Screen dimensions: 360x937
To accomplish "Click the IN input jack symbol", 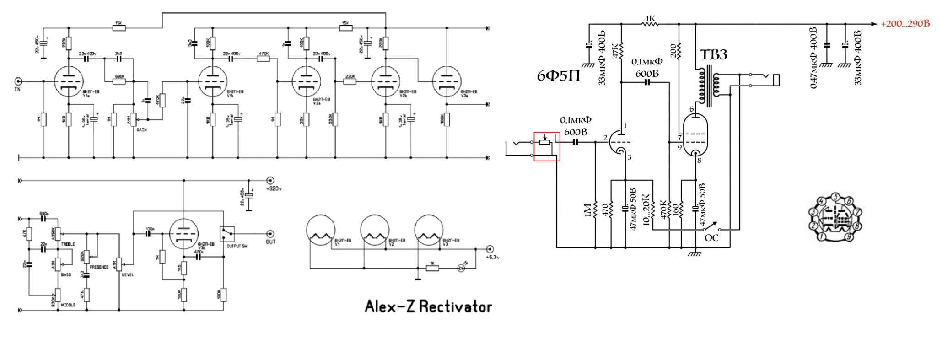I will [19, 82].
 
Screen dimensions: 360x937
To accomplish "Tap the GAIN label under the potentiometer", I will [141, 130].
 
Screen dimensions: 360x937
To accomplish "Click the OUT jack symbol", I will [271, 233].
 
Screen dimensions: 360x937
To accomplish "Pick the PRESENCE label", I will [99, 267].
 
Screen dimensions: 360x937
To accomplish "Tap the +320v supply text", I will [274, 188].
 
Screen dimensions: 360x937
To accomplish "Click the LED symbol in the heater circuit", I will [462, 268].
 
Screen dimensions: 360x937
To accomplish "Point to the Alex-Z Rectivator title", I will [428, 306].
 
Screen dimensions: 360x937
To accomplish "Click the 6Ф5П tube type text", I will [559, 75].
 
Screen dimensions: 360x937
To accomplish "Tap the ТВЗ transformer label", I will [714, 55].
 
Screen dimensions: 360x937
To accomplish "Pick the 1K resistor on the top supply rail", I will [650, 23].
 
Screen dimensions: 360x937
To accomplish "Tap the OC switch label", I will [711, 238].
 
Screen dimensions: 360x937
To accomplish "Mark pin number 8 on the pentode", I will [699, 161].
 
